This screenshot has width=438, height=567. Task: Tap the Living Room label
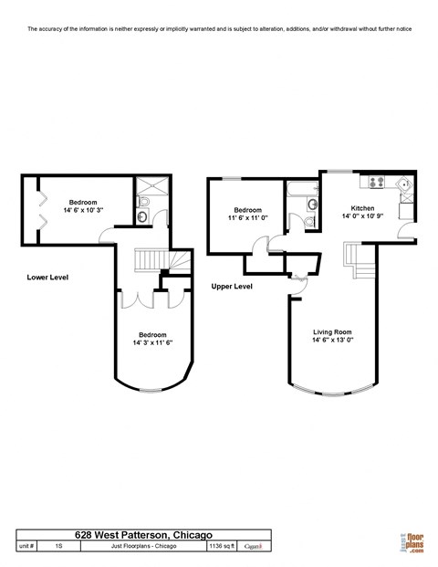333,331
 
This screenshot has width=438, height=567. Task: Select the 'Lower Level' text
47,277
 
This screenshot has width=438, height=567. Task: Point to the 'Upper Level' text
231,286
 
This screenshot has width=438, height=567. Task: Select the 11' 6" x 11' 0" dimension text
247,218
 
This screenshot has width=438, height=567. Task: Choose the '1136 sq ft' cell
222,546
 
